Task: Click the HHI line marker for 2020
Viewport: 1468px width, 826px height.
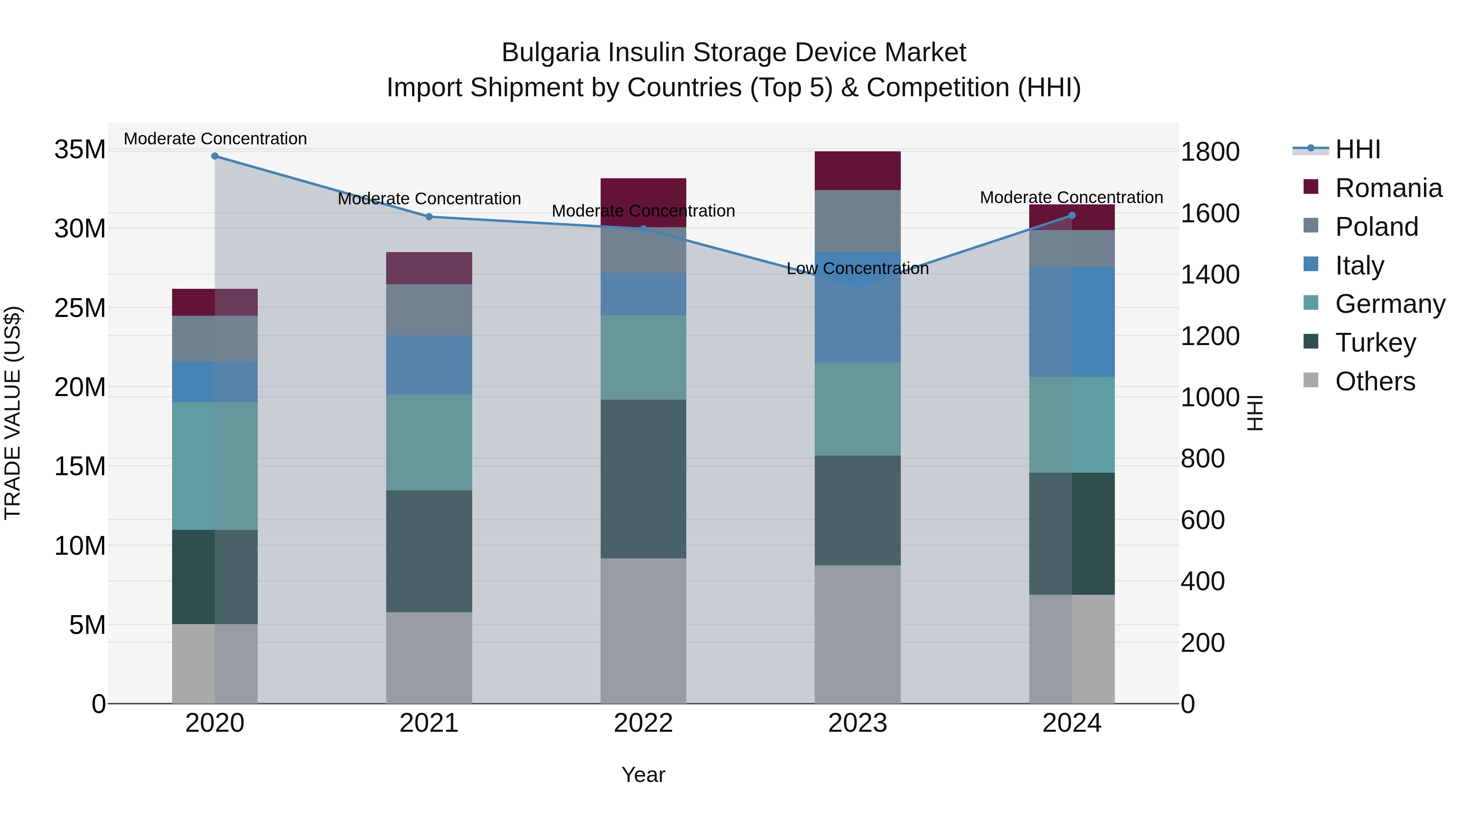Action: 215,156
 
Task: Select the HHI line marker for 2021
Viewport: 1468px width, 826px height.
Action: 429,217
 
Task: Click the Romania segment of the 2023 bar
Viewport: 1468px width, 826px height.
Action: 857,171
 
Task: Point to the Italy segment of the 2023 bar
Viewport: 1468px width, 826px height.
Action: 857,308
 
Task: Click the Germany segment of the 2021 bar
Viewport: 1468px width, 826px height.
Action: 429,442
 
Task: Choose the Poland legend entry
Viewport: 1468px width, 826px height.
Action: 1376,227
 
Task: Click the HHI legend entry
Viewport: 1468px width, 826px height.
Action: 1357,149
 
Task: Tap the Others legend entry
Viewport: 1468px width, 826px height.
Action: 1375,381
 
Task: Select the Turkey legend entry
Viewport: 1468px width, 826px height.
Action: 1375,343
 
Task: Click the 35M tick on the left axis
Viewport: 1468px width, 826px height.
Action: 80,150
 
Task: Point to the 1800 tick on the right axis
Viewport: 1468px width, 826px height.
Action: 1209,152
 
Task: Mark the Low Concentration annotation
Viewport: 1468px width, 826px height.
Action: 857,268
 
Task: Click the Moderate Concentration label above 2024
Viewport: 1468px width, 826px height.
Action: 1071,198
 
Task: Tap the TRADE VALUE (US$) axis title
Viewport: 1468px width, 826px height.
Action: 13,413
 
